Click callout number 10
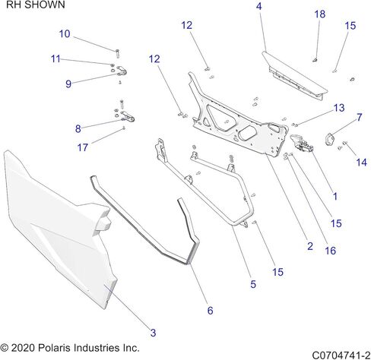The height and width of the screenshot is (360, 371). (x=65, y=33)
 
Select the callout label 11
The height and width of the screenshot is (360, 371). (x=56, y=59)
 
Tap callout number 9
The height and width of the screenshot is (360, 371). (x=68, y=84)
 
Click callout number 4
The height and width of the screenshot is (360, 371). (x=258, y=7)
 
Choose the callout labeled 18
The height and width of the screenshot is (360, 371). (x=319, y=14)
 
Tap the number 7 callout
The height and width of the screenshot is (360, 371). (x=359, y=117)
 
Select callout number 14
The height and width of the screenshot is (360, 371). (x=360, y=163)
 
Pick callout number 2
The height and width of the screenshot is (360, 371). (x=309, y=246)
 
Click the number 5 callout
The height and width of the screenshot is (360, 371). (x=252, y=285)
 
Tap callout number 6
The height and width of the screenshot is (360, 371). (x=210, y=310)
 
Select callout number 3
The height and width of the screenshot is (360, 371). (x=153, y=333)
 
